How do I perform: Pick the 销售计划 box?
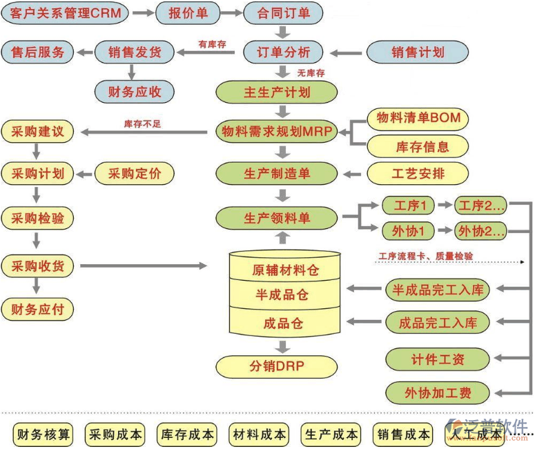[x=417, y=52]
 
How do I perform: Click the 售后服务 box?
[x=37, y=52]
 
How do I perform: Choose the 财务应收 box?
[x=135, y=90]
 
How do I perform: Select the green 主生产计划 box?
[x=277, y=92]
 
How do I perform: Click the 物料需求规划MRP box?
[x=277, y=131]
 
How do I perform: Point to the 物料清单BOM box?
[x=418, y=118]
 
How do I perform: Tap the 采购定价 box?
[x=135, y=173]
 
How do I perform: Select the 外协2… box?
[x=481, y=230]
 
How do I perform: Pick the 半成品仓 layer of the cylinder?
[x=282, y=295]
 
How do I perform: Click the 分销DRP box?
[x=276, y=366]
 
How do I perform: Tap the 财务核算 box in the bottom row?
[x=44, y=435]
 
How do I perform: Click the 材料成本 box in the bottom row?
[x=260, y=435]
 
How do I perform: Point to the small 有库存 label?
[x=212, y=43]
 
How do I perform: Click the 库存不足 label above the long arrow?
[x=142, y=124]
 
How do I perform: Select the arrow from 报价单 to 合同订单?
[x=232, y=13]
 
